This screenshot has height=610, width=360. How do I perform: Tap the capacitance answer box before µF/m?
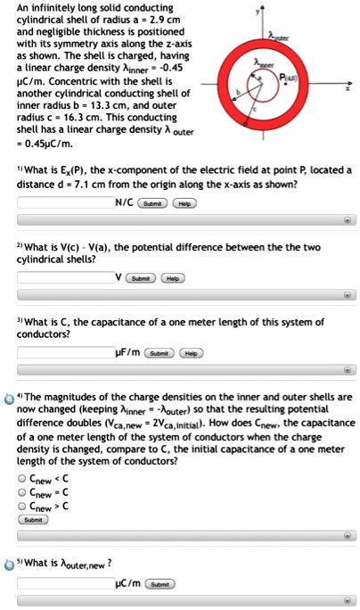tap(63, 352)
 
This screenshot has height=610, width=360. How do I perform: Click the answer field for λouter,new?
tap(63, 583)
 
